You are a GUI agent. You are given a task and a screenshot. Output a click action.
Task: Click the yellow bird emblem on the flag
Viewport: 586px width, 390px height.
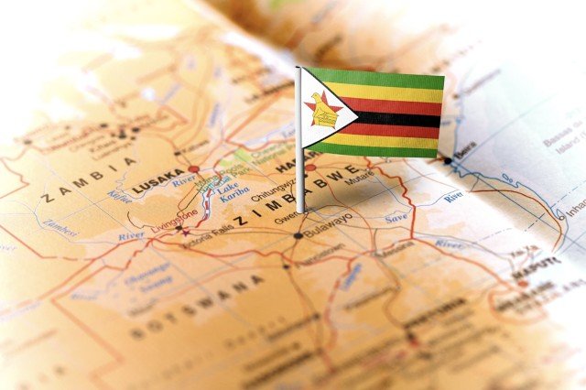(x=323, y=110)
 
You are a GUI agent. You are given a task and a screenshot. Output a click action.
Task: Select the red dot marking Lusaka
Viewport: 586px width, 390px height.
(x=194, y=169)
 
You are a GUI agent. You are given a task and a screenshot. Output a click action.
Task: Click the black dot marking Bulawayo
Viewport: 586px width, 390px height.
(x=298, y=235)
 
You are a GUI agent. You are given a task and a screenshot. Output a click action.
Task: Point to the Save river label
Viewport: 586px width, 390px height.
(x=396, y=218)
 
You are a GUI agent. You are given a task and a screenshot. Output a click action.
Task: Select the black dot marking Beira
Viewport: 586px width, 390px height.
(x=448, y=160)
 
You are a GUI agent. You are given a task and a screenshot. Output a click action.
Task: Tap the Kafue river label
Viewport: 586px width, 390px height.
(x=119, y=194)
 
